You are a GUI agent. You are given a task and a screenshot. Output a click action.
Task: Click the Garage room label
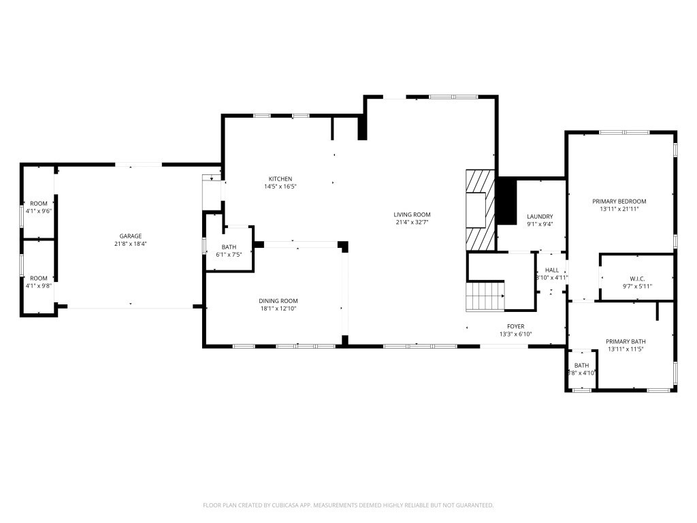(131, 236)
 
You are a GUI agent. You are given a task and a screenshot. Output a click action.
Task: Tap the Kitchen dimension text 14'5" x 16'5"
(280, 187)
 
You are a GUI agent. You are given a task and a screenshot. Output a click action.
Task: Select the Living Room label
(412, 215)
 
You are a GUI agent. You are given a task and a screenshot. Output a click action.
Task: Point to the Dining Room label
(278, 301)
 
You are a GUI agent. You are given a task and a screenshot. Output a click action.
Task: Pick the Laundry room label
(540, 217)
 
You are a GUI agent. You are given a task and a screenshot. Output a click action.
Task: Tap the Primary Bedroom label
(619, 202)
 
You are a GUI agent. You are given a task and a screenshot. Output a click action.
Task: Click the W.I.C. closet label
(636, 279)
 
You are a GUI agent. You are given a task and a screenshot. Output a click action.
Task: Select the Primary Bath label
(626, 342)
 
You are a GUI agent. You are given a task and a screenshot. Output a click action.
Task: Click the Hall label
(551, 270)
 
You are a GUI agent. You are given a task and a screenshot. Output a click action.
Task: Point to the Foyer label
(515, 327)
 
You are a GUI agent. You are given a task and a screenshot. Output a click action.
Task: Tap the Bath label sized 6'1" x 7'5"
(229, 247)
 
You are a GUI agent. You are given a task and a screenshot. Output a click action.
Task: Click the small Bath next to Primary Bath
(581, 366)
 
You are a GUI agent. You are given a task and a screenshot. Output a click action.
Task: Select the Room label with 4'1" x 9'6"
(39, 204)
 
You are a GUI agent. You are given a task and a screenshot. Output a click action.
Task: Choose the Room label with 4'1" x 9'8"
(39, 278)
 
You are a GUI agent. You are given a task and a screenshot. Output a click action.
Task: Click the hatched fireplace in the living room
(480, 210)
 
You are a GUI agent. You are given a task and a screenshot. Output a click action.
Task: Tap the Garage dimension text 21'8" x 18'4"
(131, 244)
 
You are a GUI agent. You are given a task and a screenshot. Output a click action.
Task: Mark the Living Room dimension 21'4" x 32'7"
(412, 222)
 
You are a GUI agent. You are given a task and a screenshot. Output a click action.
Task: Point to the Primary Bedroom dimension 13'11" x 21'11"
(619, 209)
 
